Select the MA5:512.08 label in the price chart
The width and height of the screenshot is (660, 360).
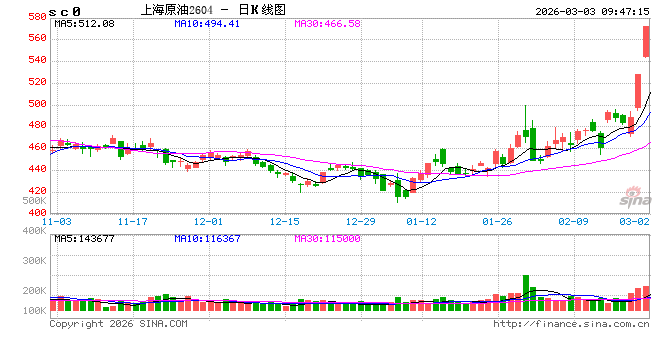point(84,23)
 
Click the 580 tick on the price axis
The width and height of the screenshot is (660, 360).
point(35,17)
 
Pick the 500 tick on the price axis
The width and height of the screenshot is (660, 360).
point(35,104)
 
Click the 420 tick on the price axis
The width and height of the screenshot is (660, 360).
point(35,191)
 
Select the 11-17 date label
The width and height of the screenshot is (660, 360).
point(132,221)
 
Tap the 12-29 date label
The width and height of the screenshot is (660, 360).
point(360,221)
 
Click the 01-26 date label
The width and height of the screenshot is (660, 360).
point(497,221)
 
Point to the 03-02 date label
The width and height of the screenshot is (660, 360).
point(634,221)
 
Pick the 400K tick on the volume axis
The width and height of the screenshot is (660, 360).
point(33,231)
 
